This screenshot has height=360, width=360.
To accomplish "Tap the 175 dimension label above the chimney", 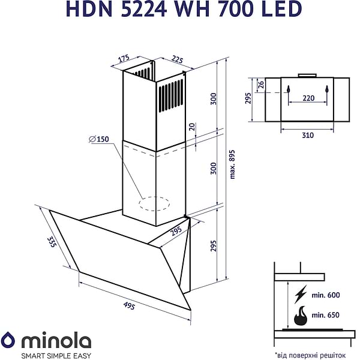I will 124,59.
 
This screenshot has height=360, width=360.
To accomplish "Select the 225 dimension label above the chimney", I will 177,59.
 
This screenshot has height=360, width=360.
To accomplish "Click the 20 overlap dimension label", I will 192,127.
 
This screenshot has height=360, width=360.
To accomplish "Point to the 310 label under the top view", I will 307,135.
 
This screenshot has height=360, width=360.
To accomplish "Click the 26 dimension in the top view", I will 260,86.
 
